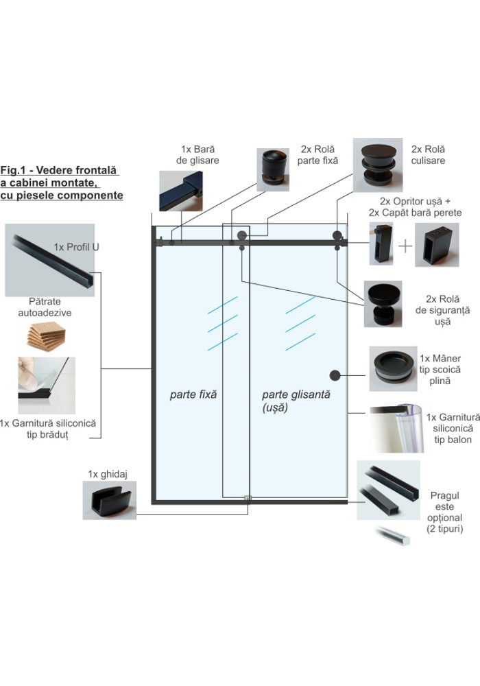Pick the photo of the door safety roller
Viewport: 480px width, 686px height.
click(x=385, y=305)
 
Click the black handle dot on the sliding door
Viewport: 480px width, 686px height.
click(x=335, y=375)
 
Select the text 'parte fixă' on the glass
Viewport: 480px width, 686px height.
click(x=193, y=395)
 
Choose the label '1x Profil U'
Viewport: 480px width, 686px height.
click(x=76, y=246)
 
